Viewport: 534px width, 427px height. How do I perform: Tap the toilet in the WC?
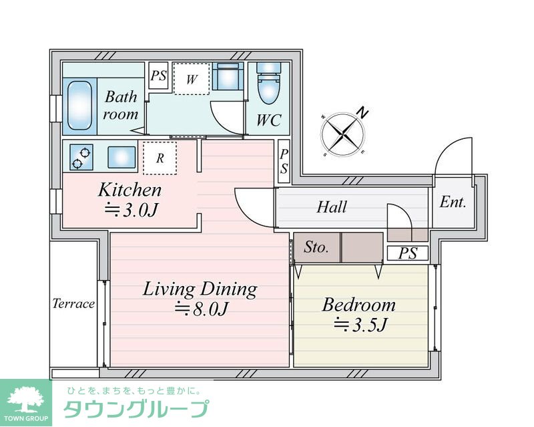click(269, 84)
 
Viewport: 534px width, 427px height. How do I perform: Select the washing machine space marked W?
click(191, 79)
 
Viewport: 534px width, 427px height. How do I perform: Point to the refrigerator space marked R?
click(160, 158)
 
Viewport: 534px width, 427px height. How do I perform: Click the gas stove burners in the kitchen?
click(81, 157)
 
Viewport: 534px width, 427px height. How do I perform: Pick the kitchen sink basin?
click(121, 157)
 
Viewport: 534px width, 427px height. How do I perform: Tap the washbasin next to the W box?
click(228, 76)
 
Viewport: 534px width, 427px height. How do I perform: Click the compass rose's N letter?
click(363, 112)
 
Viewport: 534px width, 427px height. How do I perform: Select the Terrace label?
click(73, 303)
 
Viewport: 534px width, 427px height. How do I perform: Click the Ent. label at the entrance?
click(453, 202)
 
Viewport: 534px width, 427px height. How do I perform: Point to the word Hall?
click(331, 207)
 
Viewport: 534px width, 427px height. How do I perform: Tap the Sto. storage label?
click(316, 247)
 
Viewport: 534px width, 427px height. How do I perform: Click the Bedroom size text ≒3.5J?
click(360, 325)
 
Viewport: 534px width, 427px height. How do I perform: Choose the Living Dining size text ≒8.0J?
click(201, 309)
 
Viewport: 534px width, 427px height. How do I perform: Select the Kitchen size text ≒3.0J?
click(131, 210)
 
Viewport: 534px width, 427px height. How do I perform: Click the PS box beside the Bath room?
click(158, 76)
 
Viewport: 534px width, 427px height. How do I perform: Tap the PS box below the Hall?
click(408, 253)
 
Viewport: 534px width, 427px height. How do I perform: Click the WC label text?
click(269, 120)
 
